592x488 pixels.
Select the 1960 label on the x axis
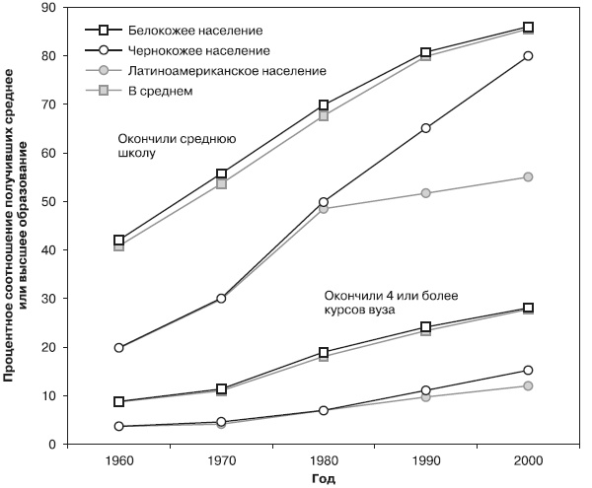coord(119,460)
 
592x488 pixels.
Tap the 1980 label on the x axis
coord(324,460)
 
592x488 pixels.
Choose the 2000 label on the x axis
coord(528,460)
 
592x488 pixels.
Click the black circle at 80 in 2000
coord(528,56)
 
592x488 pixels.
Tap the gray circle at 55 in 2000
coord(528,177)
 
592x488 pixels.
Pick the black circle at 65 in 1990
coord(425,128)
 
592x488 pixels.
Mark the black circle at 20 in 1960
coord(119,348)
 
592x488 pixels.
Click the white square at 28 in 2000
coord(528,309)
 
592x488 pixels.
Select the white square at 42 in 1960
coord(119,241)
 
